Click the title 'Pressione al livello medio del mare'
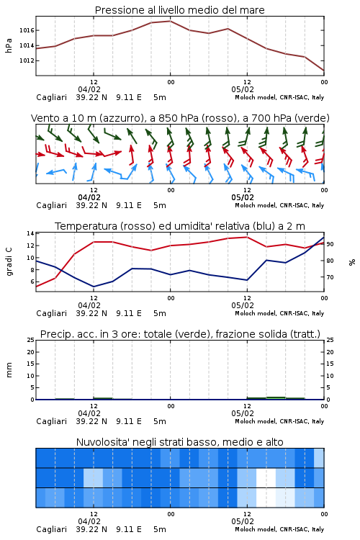pos(179,10)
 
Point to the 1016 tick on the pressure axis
pos(27,30)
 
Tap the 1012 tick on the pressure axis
pos(27,60)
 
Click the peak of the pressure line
pos(170,21)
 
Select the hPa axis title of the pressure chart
pos(9,45)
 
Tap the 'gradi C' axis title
pos(9,261)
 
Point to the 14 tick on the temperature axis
pos(30,233)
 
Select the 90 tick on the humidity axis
pos(330,244)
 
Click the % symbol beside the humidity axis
pos(352,262)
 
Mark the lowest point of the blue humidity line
pos(94,287)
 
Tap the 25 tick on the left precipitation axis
pos(30,340)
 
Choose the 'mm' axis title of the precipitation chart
pos(9,369)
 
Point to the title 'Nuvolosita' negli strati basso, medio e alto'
pos(179,442)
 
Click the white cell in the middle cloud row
pos(266,477)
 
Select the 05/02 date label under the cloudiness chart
pos(243,521)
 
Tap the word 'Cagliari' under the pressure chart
pos(51,97)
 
